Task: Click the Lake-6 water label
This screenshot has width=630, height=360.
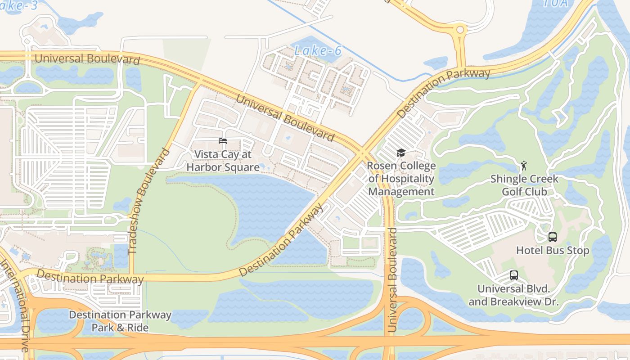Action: point(318,51)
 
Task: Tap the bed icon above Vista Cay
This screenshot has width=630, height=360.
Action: point(223,141)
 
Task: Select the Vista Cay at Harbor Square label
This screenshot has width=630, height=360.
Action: point(223,161)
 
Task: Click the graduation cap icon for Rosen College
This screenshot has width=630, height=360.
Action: point(401,153)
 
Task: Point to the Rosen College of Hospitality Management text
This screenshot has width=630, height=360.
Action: point(401,179)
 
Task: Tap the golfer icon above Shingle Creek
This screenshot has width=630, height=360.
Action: point(524,166)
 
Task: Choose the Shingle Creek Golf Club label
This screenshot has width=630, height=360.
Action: point(524,185)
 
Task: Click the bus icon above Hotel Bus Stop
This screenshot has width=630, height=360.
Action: point(552,237)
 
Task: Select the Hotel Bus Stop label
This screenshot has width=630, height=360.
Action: point(552,250)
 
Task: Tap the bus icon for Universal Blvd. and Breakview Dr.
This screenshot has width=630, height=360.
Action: point(513,275)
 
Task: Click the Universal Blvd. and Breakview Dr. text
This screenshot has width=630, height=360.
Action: point(513,295)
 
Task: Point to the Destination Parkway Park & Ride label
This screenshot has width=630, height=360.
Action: point(120,321)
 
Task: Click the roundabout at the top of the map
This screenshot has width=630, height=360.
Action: point(460,30)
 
